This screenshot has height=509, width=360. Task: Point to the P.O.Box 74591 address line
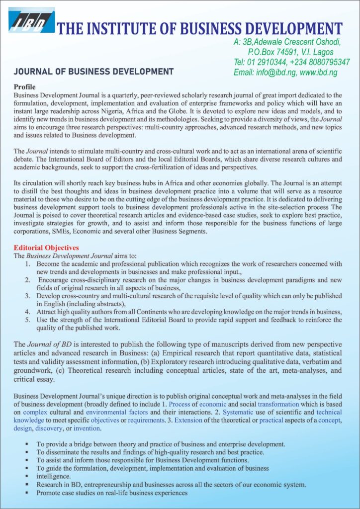(290, 52)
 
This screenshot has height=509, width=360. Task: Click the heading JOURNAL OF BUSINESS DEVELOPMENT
(94, 71)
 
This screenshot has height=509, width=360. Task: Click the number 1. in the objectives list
(29, 264)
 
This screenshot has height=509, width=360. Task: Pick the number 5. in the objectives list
(29, 320)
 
